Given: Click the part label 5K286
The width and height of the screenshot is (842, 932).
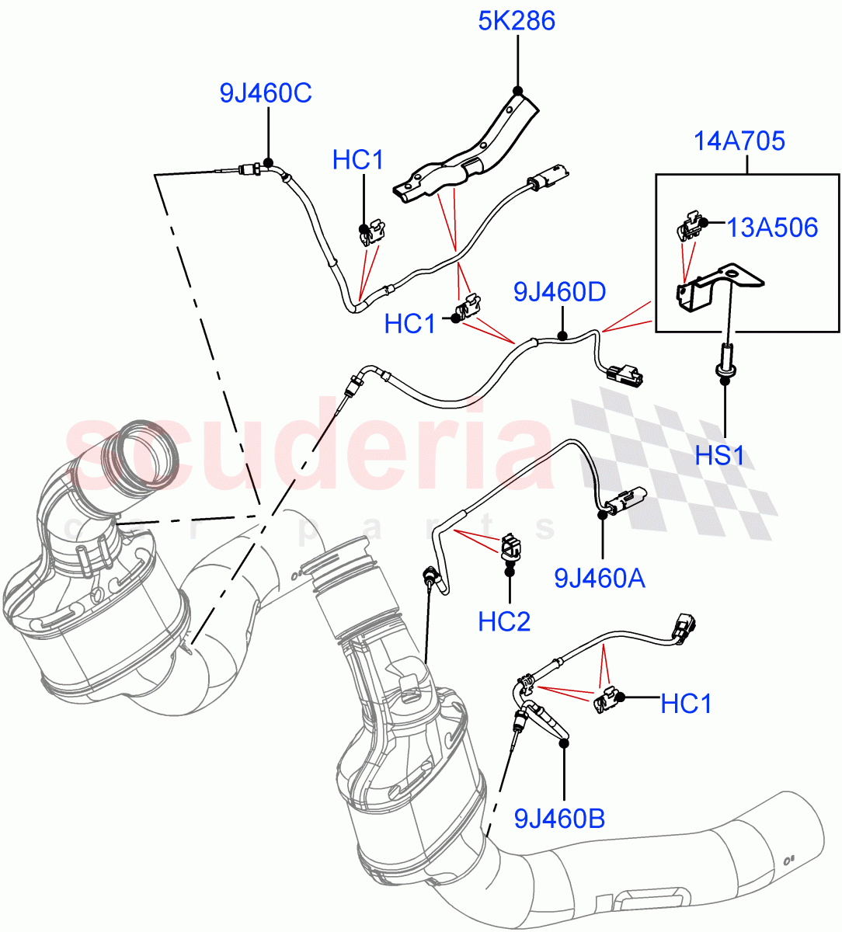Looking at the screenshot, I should (x=517, y=21).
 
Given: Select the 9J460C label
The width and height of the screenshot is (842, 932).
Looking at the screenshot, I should (x=266, y=93).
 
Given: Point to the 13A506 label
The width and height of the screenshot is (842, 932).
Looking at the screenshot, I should (x=772, y=228).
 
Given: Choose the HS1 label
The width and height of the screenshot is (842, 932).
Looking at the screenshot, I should (x=719, y=455).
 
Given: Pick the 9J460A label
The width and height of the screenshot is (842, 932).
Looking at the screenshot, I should (x=599, y=579).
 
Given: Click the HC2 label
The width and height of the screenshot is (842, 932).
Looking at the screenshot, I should (x=504, y=621).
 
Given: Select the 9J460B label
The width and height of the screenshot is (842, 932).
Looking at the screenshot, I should (x=559, y=818).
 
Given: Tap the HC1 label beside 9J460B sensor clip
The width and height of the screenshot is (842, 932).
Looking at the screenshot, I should (x=686, y=704).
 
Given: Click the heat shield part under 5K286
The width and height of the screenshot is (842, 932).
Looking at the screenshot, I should (x=466, y=151).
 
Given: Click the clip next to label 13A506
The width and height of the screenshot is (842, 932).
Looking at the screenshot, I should (x=687, y=228).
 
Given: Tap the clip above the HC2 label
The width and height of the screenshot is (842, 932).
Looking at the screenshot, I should (x=510, y=546).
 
